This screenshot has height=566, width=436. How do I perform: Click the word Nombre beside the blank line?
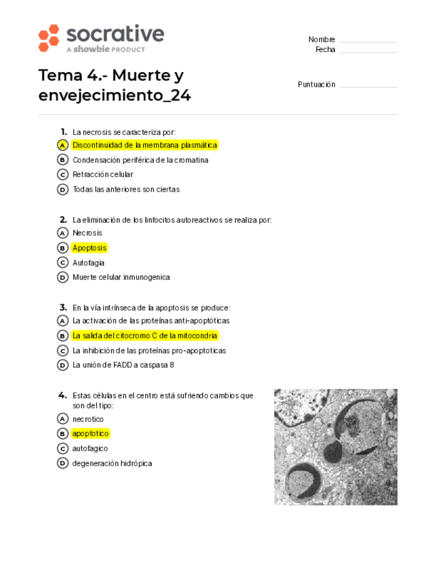click(x=321, y=39)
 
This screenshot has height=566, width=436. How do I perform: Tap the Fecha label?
click(x=325, y=50)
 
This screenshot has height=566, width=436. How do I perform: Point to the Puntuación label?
click(x=316, y=85)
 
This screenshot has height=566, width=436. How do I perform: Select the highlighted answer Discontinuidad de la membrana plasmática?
click(x=145, y=145)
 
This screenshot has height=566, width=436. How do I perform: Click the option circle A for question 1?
click(x=62, y=145)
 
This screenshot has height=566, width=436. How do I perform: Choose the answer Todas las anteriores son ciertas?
click(x=126, y=189)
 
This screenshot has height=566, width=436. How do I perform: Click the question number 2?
click(x=63, y=219)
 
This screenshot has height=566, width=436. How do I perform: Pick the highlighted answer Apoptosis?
click(x=89, y=248)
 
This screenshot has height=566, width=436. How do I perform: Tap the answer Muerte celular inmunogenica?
click(x=121, y=277)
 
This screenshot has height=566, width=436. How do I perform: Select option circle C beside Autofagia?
click(x=62, y=262)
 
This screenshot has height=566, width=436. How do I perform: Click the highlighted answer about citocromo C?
click(x=145, y=336)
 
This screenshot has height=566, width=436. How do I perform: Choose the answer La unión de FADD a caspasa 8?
click(x=123, y=365)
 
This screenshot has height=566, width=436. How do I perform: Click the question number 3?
click(x=63, y=307)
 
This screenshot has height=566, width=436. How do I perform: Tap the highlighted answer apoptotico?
click(x=90, y=434)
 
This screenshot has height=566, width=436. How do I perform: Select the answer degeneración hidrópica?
click(x=112, y=463)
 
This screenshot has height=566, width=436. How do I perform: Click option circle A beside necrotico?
click(x=62, y=419)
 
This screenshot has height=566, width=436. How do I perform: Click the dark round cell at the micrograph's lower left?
click(x=303, y=479)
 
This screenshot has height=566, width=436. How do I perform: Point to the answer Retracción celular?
click(x=103, y=174)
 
